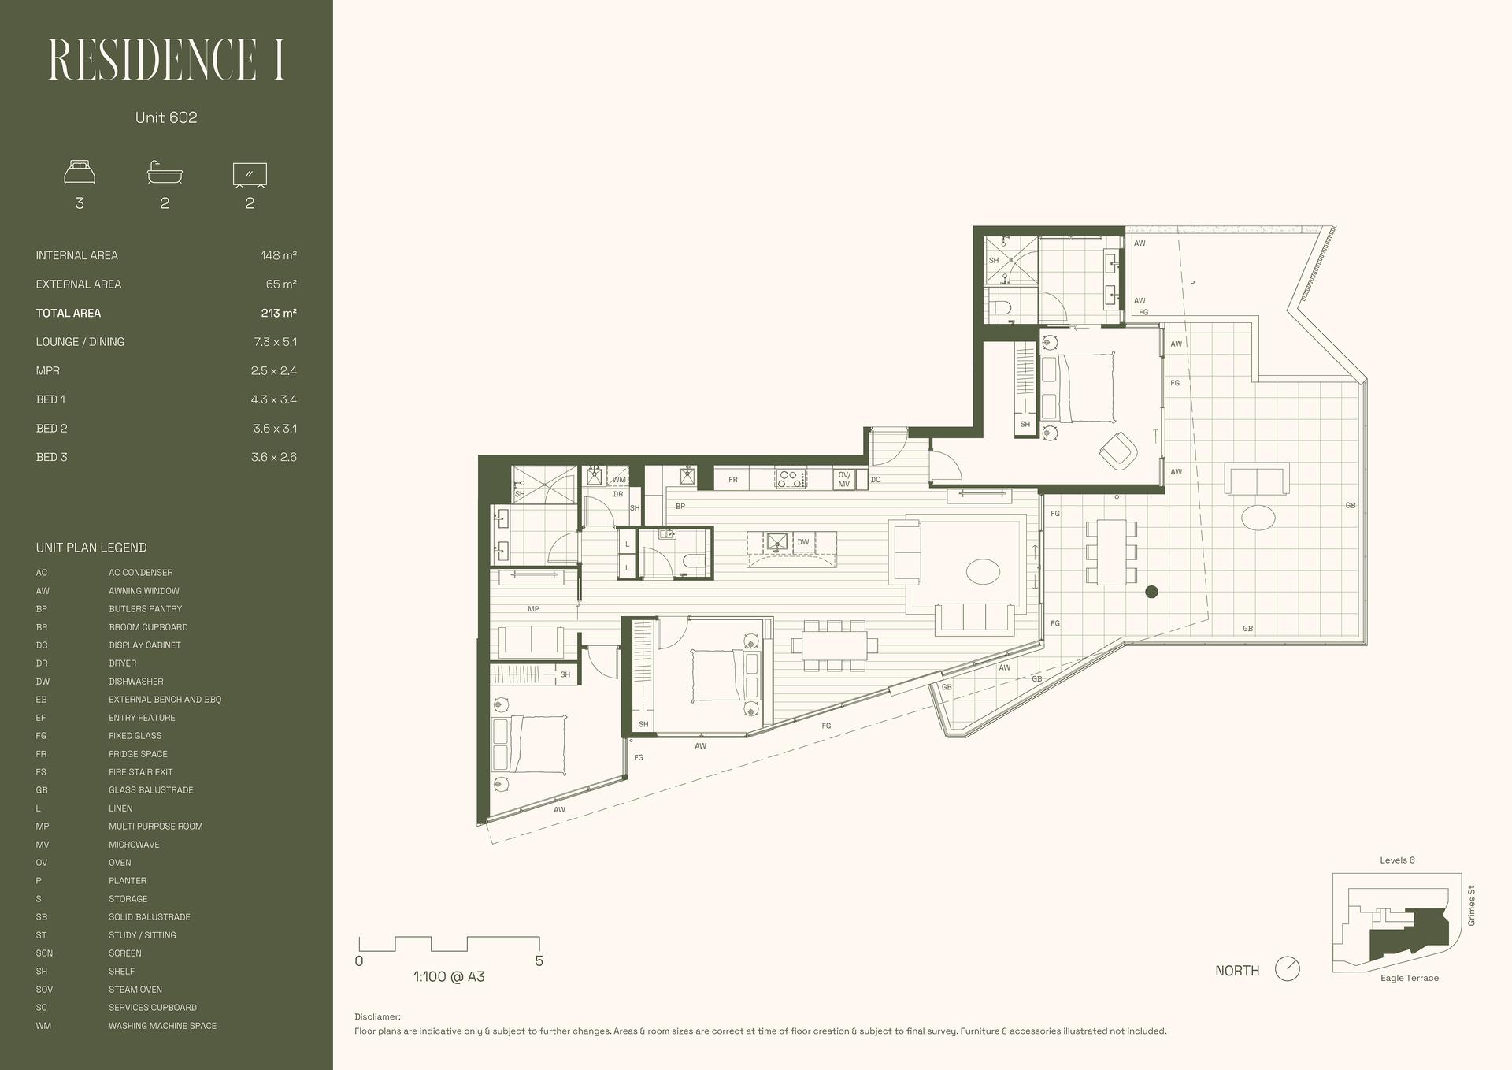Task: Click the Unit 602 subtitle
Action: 166,117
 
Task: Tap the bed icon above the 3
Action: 80,173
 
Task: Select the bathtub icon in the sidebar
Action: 165,173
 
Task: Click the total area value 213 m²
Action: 279,313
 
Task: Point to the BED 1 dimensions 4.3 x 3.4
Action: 274,399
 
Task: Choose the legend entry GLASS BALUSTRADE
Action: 151,790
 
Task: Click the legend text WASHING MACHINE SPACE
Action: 163,1026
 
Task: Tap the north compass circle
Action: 1287,969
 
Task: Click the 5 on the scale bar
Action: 539,961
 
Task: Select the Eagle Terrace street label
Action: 1410,978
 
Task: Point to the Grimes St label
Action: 1472,906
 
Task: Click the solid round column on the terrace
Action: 1151,592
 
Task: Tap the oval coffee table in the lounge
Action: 983,571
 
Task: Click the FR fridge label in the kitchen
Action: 733,480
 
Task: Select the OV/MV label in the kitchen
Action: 844,479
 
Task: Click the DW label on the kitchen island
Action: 803,542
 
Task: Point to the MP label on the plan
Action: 533,609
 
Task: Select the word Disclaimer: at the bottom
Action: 377,1017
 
